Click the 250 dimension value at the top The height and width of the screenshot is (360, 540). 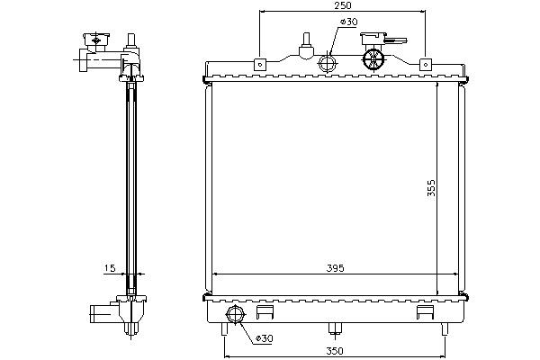click(343, 5)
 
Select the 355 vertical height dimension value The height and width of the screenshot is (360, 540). click(431, 188)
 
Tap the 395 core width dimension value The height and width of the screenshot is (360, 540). click(335, 268)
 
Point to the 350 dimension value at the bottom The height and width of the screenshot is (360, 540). click(335, 351)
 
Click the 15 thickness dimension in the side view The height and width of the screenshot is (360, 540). click(110, 267)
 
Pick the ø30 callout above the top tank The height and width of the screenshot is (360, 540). click(348, 22)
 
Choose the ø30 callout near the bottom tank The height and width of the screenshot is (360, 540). click(264, 338)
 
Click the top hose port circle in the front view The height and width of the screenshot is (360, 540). click(328, 63)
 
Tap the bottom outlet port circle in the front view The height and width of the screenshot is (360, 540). click(235, 315)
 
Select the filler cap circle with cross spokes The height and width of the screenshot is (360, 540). click(373, 58)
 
